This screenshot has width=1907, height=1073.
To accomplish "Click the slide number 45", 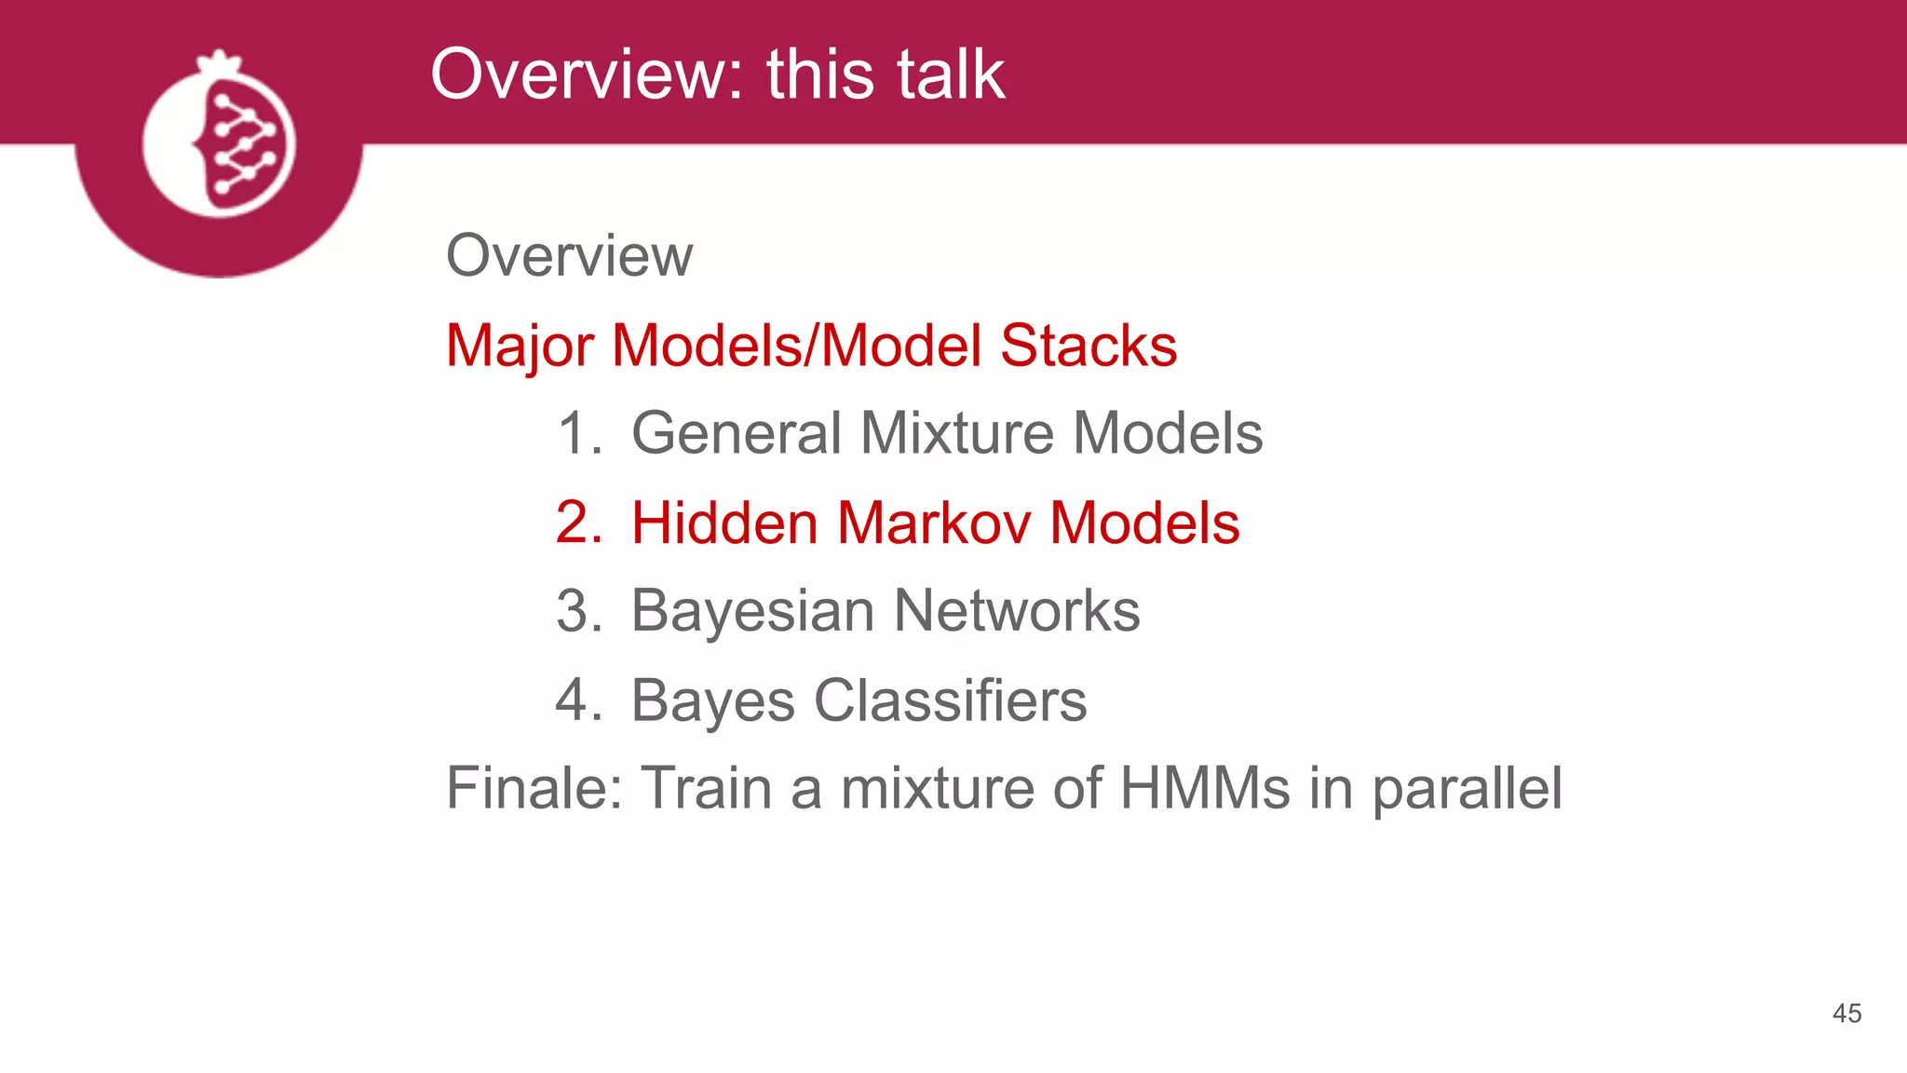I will pos(1846,1013).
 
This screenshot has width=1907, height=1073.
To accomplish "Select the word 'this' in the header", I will pos(820,75).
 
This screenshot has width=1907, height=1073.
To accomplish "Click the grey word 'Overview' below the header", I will pos(569,255).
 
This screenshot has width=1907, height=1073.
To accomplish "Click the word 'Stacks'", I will pos(1089,346).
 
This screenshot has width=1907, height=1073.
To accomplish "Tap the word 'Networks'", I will pos(1017,611).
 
